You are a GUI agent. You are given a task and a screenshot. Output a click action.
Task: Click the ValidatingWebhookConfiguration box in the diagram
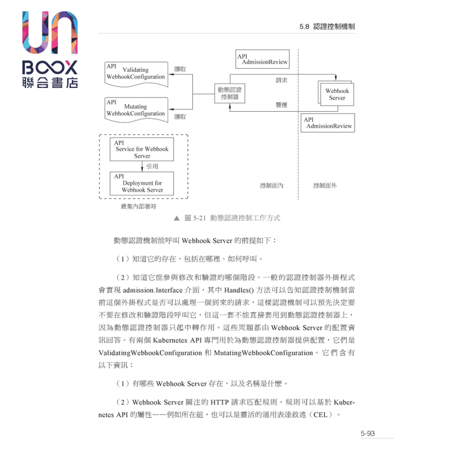click(x=136, y=73)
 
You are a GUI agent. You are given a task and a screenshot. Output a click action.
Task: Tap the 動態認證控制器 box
click(x=229, y=93)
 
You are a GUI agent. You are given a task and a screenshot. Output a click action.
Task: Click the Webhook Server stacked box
click(x=337, y=94)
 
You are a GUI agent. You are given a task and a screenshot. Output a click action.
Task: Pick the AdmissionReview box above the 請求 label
click(x=262, y=58)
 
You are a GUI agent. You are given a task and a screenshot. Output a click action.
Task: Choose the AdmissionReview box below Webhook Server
click(x=327, y=123)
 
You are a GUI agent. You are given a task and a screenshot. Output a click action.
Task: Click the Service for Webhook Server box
click(x=142, y=149)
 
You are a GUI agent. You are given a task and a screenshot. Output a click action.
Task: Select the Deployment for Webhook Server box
click(x=142, y=183)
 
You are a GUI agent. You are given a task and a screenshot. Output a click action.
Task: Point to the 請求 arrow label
click(x=281, y=80)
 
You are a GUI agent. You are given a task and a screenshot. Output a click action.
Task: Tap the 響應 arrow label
click(x=281, y=105)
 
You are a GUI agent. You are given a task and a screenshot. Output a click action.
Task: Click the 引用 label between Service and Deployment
click(x=152, y=166)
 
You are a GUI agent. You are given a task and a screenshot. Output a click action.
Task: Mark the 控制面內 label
click(x=271, y=186)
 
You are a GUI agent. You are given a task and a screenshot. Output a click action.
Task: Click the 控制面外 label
click(x=325, y=186)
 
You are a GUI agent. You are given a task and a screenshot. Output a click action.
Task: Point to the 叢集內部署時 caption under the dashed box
click(x=138, y=206)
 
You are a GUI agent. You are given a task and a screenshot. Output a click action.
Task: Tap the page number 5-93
click(x=368, y=434)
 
